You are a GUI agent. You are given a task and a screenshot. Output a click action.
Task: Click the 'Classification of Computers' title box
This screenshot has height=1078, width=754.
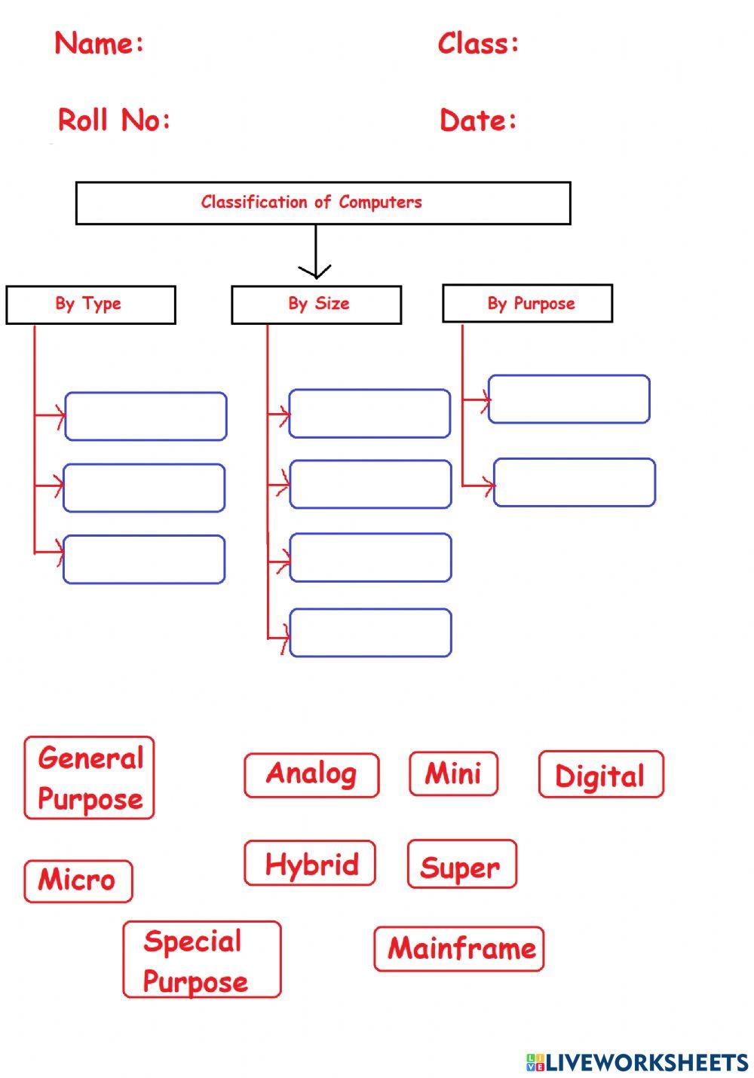coord(323,203)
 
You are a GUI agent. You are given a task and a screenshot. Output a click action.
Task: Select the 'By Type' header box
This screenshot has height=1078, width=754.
coord(90,305)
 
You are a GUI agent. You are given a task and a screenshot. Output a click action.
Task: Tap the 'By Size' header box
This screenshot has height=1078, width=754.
coord(316,305)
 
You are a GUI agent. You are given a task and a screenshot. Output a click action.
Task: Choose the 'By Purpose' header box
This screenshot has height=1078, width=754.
coord(527,303)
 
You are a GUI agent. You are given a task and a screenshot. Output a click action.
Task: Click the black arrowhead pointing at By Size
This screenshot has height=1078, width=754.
coord(315,271)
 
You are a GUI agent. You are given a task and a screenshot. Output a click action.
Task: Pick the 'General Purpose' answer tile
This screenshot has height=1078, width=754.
coord(89,778)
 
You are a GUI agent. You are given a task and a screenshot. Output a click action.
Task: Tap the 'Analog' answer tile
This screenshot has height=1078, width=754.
coord(311,775)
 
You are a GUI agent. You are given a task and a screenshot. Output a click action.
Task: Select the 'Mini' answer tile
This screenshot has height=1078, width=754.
coord(453,773)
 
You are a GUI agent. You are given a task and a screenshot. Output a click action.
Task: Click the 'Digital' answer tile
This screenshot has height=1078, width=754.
coord(601,775)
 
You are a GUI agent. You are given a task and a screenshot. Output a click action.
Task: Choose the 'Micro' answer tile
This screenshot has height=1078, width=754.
coord(78,880)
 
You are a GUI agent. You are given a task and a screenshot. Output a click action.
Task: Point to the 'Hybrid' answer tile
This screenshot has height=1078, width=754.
coord(310,863)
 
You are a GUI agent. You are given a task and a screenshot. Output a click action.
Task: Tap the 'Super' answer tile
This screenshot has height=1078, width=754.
coord(461,865)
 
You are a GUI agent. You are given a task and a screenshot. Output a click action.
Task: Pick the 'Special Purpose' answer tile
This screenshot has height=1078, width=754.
coord(201,960)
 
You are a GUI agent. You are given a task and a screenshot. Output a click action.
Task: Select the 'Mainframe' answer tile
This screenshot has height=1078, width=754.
coord(458,948)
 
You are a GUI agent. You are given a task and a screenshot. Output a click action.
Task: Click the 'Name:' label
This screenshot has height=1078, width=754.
coord(99,43)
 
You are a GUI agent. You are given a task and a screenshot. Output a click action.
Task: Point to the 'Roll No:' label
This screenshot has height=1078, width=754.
coord(114,120)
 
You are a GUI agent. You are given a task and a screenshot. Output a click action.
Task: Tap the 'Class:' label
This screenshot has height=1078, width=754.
coord(478,43)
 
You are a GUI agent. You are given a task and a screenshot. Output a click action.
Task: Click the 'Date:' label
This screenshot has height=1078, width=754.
coord(478,121)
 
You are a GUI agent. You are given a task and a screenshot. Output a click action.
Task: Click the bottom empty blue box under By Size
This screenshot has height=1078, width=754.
coord(370,633)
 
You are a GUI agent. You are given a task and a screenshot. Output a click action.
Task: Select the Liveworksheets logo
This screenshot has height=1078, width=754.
coord(636,1062)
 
